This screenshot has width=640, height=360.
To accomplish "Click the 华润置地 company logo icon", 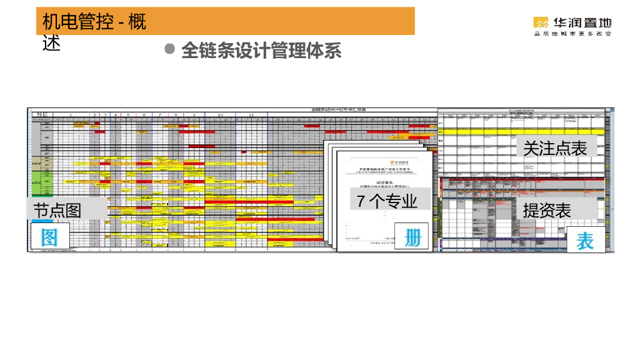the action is tap(541, 22).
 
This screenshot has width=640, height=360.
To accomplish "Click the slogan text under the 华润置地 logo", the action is tap(572, 34).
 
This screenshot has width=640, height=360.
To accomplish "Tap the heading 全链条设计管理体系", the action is tap(261, 51).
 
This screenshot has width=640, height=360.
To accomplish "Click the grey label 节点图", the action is tap(57, 210).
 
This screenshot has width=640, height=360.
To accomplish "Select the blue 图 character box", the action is tap(49, 237).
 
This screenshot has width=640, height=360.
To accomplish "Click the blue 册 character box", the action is tap(412, 236).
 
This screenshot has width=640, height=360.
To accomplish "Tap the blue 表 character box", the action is tap(585, 240).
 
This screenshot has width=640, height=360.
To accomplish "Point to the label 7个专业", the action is tap(387, 201).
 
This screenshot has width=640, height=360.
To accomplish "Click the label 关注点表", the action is tap(555, 148).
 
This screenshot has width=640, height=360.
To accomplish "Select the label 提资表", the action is tap(547, 210).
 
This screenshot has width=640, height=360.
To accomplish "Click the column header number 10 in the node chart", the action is tap(221, 115).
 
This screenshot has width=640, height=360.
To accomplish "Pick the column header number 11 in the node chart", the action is tap(251, 115).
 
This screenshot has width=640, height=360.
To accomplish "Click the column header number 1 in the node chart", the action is tap(71, 115).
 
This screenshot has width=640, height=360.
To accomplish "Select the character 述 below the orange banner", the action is tap(51, 43).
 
